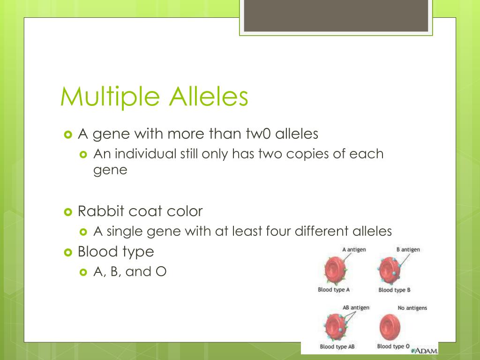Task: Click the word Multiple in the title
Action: tap(110, 97)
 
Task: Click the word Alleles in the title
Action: tap(209, 96)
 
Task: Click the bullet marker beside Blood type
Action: tap(68, 252)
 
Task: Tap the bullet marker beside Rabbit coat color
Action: tap(68, 212)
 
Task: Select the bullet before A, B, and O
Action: tap(83, 272)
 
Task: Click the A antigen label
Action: tap(354, 249)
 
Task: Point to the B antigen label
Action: tap(408, 249)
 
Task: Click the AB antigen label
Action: tap(356, 307)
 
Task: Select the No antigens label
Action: tap(412, 307)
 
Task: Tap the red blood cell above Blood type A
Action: tap(336, 270)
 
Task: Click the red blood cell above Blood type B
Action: tap(390, 270)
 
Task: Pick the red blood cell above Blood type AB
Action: tap(336, 327)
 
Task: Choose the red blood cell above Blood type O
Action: tap(390, 327)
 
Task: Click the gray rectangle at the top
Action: tap(336, 15)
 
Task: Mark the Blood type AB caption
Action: tap(337, 346)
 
